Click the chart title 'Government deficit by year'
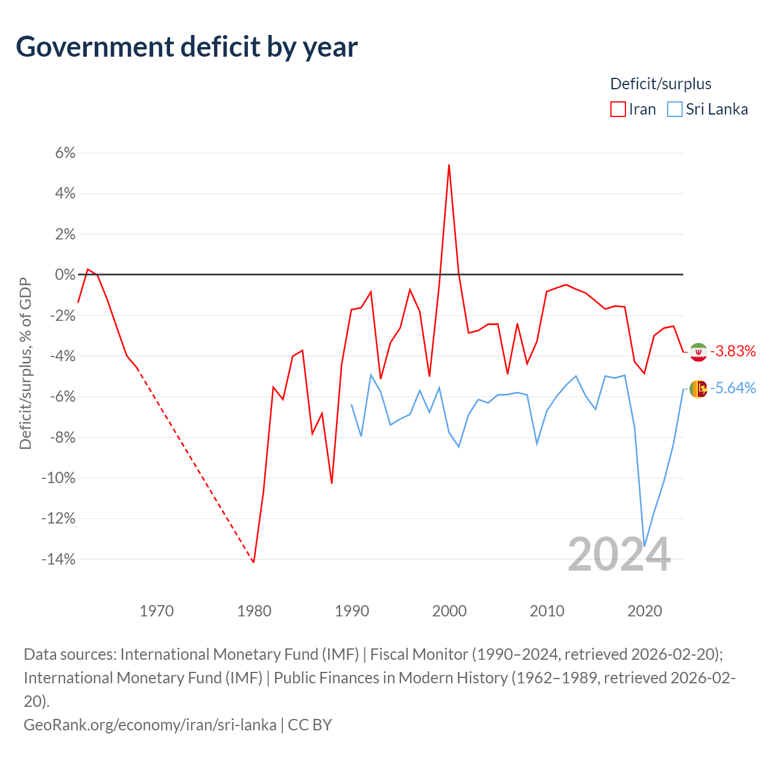[186, 48]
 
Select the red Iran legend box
[618, 109]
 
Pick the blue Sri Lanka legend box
[675, 109]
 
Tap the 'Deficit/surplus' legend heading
[660, 84]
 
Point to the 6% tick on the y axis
[65, 153]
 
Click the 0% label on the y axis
[65, 274]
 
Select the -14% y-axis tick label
[59, 559]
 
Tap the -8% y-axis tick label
[62, 437]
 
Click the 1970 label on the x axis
[156, 611]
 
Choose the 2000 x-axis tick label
[449, 611]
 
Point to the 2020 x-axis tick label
[645, 611]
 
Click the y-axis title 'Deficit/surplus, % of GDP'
[26, 363]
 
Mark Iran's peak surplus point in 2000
[449, 165]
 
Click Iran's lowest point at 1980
[253, 563]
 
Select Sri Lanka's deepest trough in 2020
[645, 546]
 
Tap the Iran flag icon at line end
[698, 352]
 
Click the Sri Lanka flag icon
[698, 388]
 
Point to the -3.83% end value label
[733, 352]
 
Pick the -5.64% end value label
[733, 388]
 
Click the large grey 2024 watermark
[619, 554]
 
